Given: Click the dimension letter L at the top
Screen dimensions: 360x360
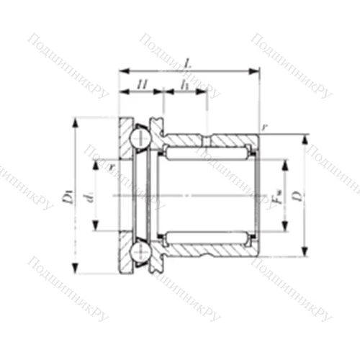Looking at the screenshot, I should pos(187,63).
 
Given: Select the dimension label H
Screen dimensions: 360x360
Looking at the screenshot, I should pos(142,86).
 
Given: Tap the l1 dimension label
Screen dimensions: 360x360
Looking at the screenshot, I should pos(186,85).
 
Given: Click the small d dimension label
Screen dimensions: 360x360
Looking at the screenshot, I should pos(90,195).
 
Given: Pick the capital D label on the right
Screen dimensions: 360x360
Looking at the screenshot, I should pos(296,194).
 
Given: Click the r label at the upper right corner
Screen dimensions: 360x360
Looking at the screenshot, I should pos(265,127).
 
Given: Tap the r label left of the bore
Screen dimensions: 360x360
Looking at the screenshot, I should pos(112,166).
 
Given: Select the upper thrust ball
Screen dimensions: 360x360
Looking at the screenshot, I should pos(140,136).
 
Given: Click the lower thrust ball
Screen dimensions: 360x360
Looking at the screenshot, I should pos(140,253).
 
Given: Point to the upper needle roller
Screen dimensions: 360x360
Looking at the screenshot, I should pos(207,153).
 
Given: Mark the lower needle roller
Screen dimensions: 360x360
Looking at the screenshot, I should pos(207,236).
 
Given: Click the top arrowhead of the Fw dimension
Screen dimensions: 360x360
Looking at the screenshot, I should pos(285,163).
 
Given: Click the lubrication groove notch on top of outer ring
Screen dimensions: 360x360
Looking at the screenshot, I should pos(207,136).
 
